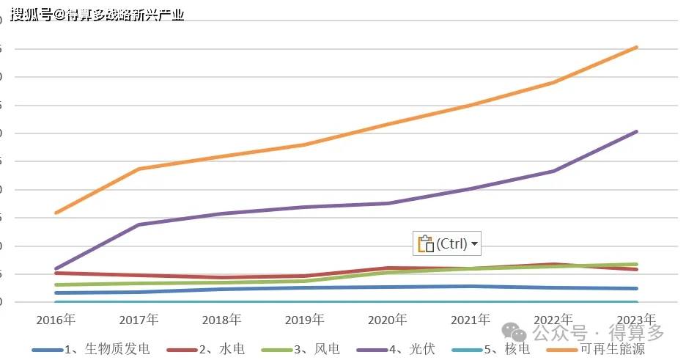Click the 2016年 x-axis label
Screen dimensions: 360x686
pyautogui.click(x=56, y=320)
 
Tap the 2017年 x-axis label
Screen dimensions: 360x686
pyautogui.click(x=139, y=320)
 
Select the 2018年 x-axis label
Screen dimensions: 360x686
pyautogui.click(x=221, y=320)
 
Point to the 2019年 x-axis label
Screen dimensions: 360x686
pyautogui.click(x=304, y=320)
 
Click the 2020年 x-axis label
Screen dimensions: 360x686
pyautogui.click(x=388, y=320)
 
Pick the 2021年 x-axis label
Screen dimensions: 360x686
pyautogui.click(x=471, y=320)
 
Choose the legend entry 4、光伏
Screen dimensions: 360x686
pyautogui.click(x=414, y=350)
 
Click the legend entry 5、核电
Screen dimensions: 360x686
pyautogui.click(x=506, y=350)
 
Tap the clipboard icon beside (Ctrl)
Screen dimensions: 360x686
pyautogui.click(x=425, y=243)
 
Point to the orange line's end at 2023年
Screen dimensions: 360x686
pyautogui.click(x=636, y=48)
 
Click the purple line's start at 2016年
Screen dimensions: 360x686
pyautogui.click(x=56, y=269)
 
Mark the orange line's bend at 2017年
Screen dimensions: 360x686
pyautogui.click(x=139, y=169)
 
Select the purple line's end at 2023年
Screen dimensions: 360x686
pyautogui.click(x=636, y=132)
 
